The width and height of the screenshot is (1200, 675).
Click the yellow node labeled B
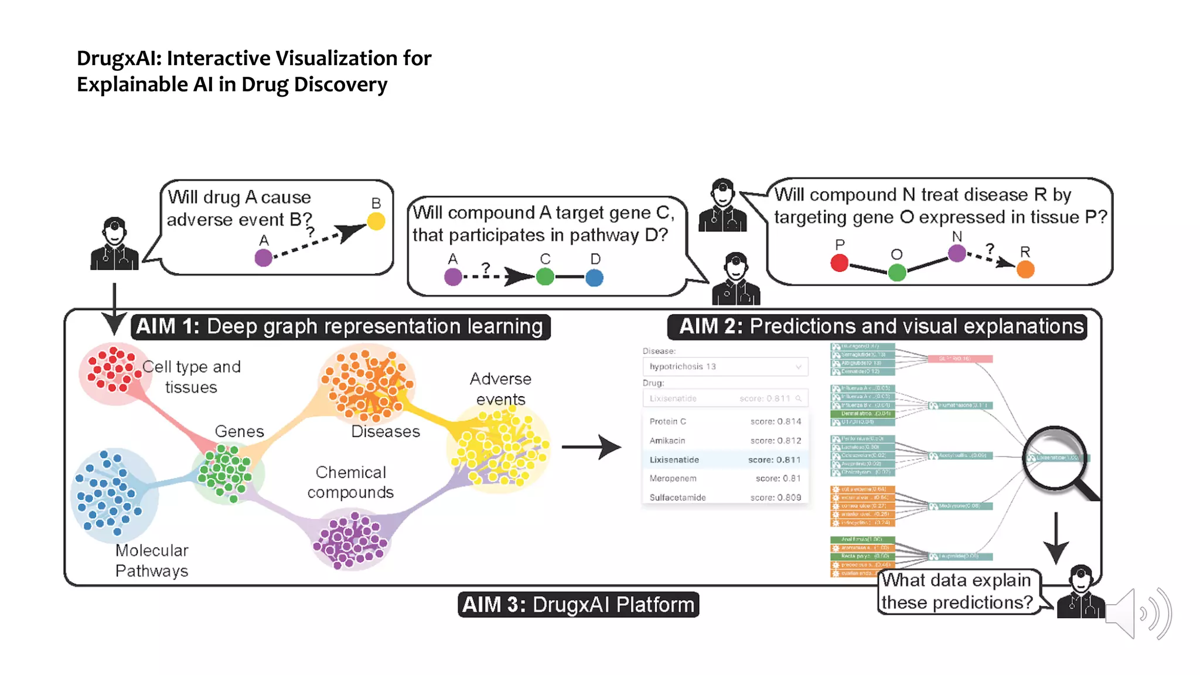pos(376,221)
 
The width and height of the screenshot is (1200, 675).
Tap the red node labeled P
pos(839,263)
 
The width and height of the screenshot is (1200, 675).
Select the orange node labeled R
pos(1025,270)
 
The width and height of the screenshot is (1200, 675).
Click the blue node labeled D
pos(594,278)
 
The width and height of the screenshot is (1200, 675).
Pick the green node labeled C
pos(545,277)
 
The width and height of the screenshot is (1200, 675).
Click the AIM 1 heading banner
pos(340,326)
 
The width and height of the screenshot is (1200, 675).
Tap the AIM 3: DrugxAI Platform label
pos(578,605)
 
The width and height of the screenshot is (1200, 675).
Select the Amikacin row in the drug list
pos(725,441)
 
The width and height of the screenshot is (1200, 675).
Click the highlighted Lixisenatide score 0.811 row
pos(725,460)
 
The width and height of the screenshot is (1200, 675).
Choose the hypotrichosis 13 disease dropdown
pos(725,367)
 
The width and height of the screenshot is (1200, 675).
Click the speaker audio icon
pos(1137,613)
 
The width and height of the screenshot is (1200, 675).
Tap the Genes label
pos(239,431)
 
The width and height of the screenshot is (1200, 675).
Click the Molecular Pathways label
pos(152,561)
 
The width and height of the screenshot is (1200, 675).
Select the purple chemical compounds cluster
pos(350,540)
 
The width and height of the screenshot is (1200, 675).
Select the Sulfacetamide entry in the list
pos(725,497)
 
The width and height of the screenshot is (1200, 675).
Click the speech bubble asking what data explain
pos(958,592)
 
